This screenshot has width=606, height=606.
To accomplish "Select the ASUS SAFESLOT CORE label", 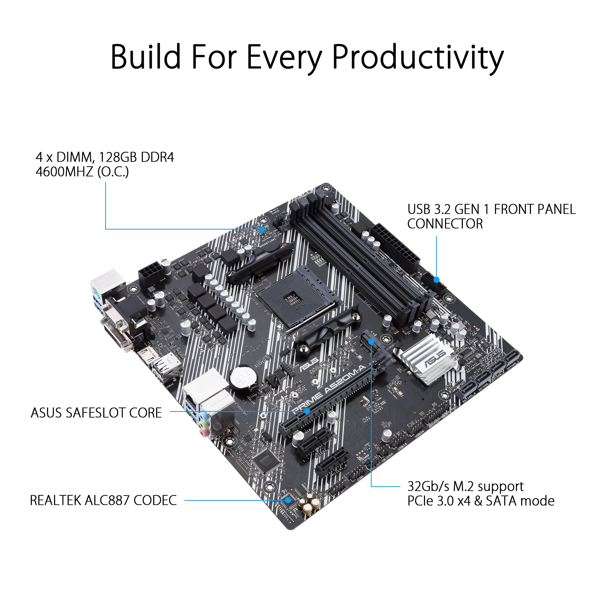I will (96, 413).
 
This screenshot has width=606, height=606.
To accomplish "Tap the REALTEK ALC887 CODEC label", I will (103, 500).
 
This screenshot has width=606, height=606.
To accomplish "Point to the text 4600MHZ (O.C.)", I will (82, 172).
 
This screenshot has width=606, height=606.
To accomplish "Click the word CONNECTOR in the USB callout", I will (445, 224).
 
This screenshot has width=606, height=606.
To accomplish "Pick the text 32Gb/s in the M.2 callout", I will (428, 486).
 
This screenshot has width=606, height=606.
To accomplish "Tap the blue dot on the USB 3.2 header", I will (436, 279).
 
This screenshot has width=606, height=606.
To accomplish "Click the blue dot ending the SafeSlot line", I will (307, 411).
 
